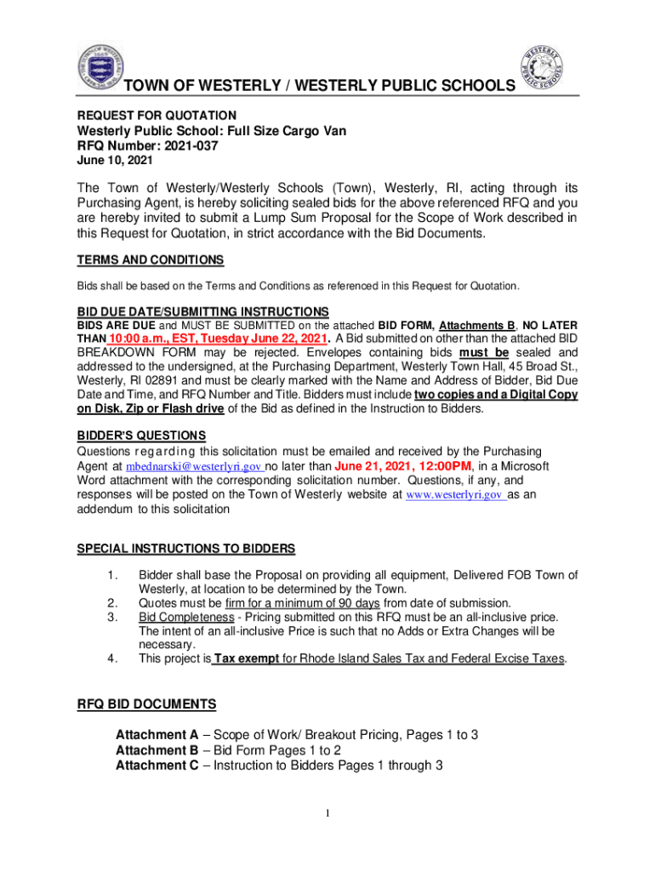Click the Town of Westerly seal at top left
tap(100, 67)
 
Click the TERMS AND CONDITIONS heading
tap(150, 259)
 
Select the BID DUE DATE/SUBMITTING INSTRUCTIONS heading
tap(202, 311)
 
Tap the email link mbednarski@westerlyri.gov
tap(194, 467)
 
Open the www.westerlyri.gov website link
tap(455, 494)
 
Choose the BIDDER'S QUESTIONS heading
tap(141, 435)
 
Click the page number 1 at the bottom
tap(327, 814)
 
